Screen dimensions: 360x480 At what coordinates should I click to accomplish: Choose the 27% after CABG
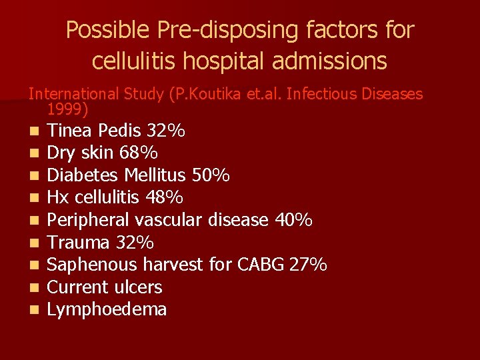pos(308,265)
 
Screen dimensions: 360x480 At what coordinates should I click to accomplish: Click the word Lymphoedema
pos(107,309)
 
